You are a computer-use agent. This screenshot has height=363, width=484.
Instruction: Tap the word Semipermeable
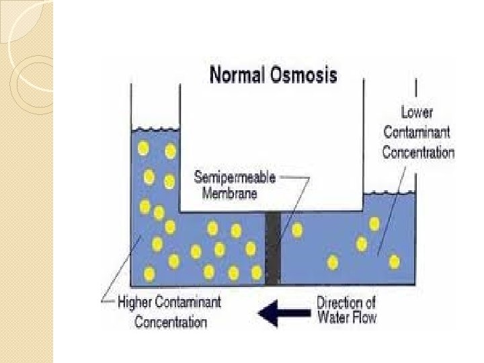[x=235, y=178]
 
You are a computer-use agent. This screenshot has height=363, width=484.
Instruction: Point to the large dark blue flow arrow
[x=283, y=312]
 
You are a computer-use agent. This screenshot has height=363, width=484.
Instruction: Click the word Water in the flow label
[x=332, y=317]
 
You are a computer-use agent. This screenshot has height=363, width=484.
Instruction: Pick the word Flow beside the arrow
[x=364, y=317]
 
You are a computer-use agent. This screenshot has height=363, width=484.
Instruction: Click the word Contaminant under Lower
[x=418, y=132]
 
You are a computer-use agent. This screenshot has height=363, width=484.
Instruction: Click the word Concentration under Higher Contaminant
[x=171, y=322]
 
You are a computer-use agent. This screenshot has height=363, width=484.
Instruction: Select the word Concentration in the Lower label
[x=418, y=152]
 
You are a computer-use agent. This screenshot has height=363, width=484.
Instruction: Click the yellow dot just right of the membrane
[x=296, y=230]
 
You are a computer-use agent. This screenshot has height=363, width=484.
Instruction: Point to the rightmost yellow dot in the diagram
[x=395, y=261]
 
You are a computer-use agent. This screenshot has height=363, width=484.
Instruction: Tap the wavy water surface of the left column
[x=155, y=128]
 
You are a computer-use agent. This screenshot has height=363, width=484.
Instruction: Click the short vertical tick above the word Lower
[x=417, y=89]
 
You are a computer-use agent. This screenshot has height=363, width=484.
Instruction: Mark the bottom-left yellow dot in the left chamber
[x=149, y=274]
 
